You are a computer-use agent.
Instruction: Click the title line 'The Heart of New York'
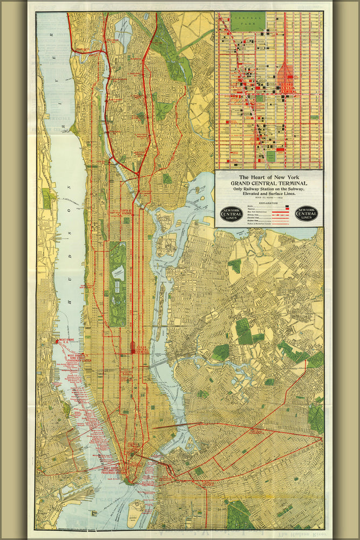(269, 177)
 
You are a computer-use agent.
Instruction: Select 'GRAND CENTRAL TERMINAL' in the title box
(269, 183)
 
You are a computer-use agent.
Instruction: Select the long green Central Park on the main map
(117, 283)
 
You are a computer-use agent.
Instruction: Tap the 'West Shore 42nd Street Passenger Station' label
(67, 356)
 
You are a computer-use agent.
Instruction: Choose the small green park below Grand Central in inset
(271, 157)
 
